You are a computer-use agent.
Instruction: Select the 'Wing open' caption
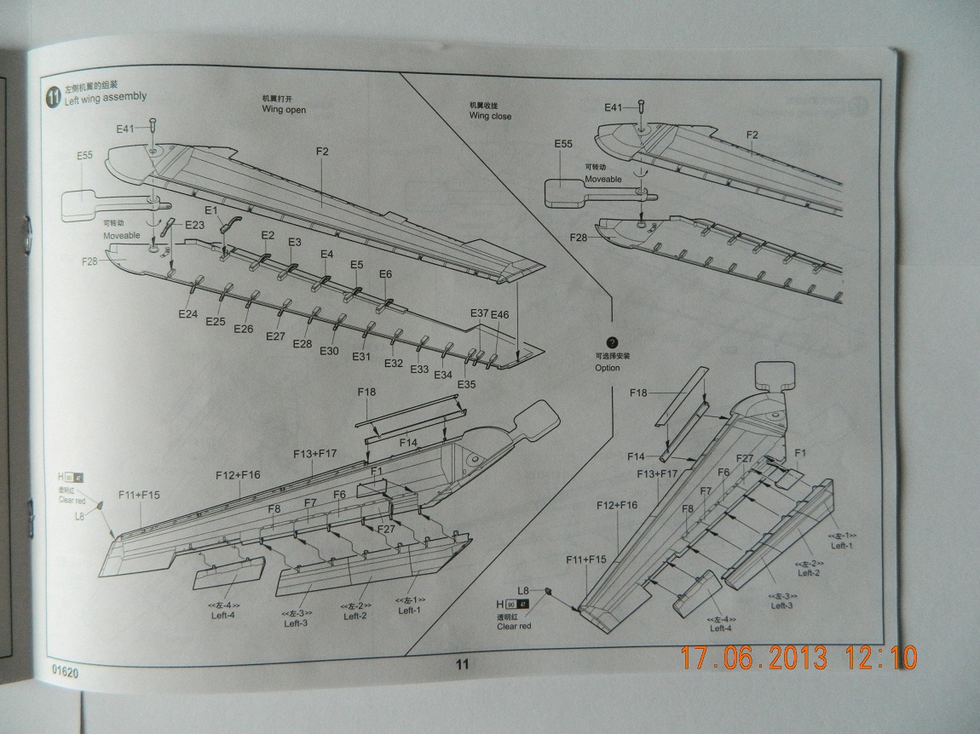tap(284, 110)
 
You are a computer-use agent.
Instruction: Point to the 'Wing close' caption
tap(490, 116)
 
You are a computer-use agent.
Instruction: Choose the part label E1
tap(211, 209)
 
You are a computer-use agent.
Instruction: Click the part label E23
tap(194, 225)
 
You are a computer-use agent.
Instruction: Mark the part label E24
tap(188, 314)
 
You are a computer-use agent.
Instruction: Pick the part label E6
tap(385, 273)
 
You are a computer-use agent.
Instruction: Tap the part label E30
tap(330, 351)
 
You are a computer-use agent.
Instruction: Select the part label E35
tap(466, 384)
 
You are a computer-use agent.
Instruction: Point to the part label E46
tap(499, 314)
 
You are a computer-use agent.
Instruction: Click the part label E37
tap(479, 313)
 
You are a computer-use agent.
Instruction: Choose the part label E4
tap(327, 254)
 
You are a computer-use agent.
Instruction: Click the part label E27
tap(275, 336)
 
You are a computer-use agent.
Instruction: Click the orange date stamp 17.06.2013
tap(753, 657)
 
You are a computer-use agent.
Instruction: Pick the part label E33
tap(419, 370)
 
